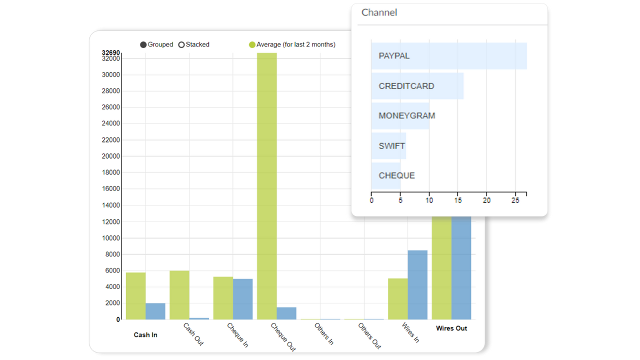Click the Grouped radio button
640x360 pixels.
[x=143, y=45]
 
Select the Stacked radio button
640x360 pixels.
[x=181, y=45]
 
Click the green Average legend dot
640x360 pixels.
[x=252, y=45]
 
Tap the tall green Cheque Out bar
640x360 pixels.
[x=267, y=186]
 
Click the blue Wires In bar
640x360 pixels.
[x=417, y=285]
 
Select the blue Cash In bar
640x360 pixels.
[x=155, y=311]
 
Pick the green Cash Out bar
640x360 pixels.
[x=179, y=295]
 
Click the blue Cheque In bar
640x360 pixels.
[x=243, y=299]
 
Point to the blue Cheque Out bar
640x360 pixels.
[x=286, y=313]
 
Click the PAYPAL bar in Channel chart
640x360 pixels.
[x=449, y=56]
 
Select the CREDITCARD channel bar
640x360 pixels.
[x=417, y=86]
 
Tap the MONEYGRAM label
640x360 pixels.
[x=407, y=115]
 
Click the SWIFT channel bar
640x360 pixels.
[x=389, y=145]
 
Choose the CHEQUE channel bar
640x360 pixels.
[x=385, y=175]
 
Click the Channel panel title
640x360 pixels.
[x=379, y=12]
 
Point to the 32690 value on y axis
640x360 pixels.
[x=111, y=52]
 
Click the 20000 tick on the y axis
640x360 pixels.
[x=111, y=156]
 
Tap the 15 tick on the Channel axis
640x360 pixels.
[x=458, y=200]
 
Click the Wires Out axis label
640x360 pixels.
[x=451, y=328]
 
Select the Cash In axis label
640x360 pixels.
[x=145, y=335]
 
